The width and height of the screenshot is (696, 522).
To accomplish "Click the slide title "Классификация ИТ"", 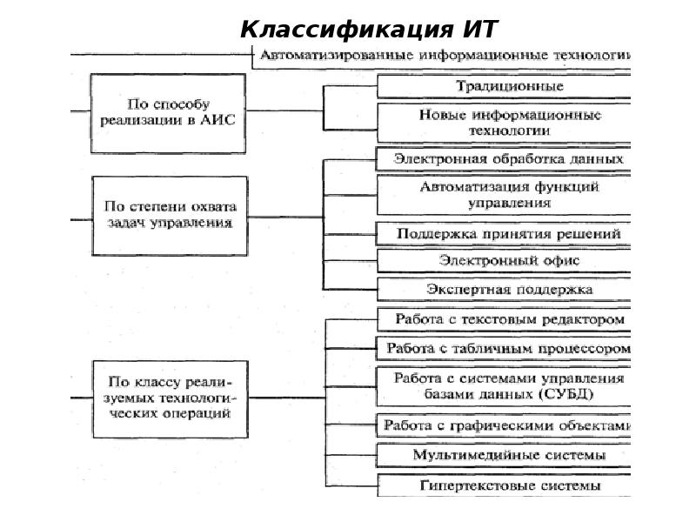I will tap(369, 30).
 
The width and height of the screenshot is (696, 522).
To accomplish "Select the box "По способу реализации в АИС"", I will tap(169, 112).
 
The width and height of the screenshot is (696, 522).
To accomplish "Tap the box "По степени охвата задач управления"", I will tap(169, 215).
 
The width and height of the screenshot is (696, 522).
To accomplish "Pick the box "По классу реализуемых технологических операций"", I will tap(169, 398).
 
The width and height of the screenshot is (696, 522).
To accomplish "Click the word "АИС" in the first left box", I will tap(218, 122).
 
